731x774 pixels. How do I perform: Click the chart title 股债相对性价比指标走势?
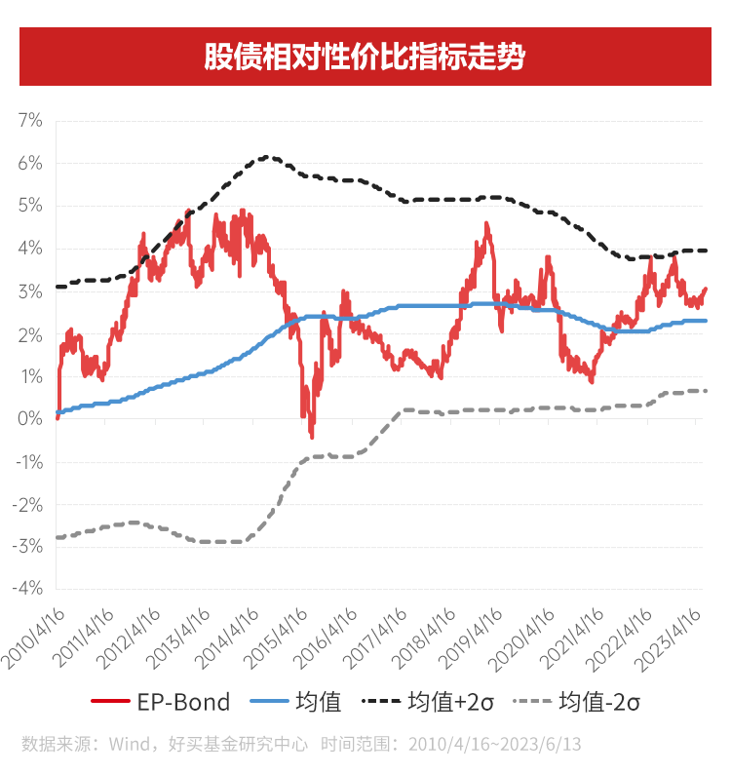[365, 57]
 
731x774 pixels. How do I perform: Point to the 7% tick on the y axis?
[29, 121]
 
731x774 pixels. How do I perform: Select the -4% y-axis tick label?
[27, 589]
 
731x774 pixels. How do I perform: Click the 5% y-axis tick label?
[29, 206]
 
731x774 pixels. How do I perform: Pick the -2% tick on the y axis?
[27, 504]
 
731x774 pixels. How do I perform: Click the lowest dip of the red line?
[312, 436]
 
